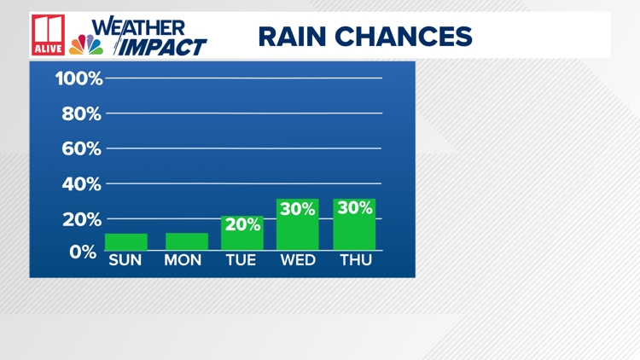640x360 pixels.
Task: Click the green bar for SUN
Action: (126, 241)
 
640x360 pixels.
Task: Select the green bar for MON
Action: (187, 241)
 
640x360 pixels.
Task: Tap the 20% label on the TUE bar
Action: (242, 224)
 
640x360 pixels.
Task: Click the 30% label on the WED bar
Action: (298, 209)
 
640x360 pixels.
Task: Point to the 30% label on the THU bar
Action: (355, 208)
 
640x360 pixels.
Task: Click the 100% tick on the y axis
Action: (79, 78)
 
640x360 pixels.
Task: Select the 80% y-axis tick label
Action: (81, 113)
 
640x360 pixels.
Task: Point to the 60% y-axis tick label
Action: (81, 149)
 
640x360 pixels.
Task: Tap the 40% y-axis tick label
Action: (81, 184)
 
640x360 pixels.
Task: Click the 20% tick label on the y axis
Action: (82, 219)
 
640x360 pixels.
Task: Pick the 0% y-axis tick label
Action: (83, 252)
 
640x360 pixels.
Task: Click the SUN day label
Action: (125, 260)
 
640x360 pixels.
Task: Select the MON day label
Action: (183, 260)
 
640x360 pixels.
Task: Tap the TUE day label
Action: (241, 260)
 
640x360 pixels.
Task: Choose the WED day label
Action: (298, 260)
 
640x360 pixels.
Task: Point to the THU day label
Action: (356, 260)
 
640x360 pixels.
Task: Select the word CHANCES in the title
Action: (404, 37)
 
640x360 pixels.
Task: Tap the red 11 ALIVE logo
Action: (48, 35)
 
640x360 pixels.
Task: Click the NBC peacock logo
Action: (86, 44)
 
